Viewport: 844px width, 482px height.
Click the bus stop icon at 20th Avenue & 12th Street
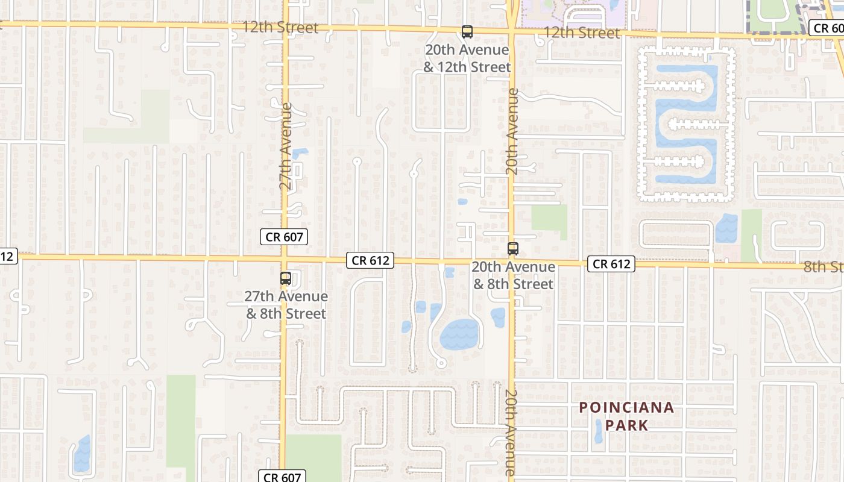(x=467, y=32)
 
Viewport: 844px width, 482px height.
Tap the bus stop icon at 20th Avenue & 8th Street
(x=513, y=248)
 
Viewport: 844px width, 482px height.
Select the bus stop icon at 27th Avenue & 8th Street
(x=286, y=278)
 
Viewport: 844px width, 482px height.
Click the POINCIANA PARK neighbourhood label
(x=626, y=416)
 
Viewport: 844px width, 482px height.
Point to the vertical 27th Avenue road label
(x=286, y=146)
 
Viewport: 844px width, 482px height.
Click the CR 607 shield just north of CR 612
(x=285, y=237)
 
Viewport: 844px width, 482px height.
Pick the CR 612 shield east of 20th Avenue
(x=611, y=264)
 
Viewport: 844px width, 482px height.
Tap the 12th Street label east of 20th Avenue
(x=581, y=33)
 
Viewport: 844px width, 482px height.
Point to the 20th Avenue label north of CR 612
(x=512, y=132)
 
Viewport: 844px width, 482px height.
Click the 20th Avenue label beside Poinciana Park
(x=511, y=433)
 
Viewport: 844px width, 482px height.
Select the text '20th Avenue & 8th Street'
(x=513, y=275)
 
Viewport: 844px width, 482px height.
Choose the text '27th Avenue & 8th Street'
(x=286, y=305)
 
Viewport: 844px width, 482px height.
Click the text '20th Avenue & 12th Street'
(x=467, y=58)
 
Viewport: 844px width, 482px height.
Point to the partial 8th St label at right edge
(x=824, y=267)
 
